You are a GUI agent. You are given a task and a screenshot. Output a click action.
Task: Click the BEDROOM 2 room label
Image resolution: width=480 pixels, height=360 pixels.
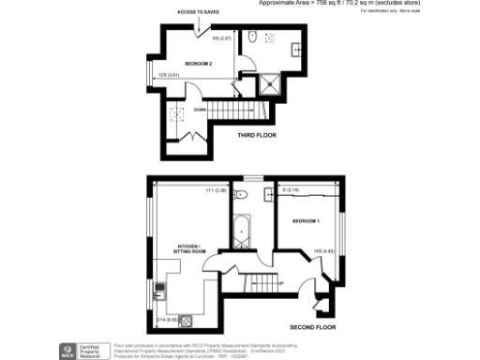tap(199, 64)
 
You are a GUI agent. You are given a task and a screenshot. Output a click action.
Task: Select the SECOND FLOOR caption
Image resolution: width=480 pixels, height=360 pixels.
tap(313, 327)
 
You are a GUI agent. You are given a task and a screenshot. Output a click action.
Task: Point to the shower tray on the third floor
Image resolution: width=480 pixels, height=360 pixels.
tap(271, 83)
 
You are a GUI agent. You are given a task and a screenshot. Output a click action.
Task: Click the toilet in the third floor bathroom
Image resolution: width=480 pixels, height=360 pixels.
tap(254, 38)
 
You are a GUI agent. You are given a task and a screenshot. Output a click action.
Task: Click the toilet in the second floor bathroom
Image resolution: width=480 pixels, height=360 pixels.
tap(242, 196)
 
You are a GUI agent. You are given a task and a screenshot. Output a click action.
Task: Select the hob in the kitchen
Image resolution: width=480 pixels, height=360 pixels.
tap(187, 322)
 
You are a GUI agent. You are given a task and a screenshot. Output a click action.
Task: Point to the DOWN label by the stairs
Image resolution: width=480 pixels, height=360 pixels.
tap(200, 110)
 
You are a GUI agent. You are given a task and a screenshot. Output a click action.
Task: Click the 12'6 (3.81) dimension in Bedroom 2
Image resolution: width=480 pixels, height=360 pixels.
tap(168, 76)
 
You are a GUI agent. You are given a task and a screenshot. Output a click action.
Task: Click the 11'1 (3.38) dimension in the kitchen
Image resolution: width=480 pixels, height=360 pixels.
tap(215, 190)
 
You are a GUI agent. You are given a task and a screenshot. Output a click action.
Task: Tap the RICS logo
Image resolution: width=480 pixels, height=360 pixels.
tap(67, 350)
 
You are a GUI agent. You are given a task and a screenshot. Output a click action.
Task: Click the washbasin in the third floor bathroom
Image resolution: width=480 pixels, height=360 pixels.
tap(295, 47)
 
